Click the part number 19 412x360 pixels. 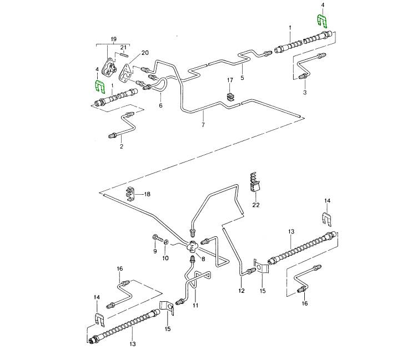(114, 38)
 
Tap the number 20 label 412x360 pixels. (145, 53)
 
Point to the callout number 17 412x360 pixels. (230, 81)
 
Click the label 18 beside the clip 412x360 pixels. (147, 194)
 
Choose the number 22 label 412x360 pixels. (255, 205)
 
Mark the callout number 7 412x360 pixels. (204, 126)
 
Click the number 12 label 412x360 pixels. (242, 290)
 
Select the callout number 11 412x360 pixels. (195, 306)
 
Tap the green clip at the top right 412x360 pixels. (321, 22)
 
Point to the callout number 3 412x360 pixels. (304, 93)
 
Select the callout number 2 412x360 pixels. (121, 146)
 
